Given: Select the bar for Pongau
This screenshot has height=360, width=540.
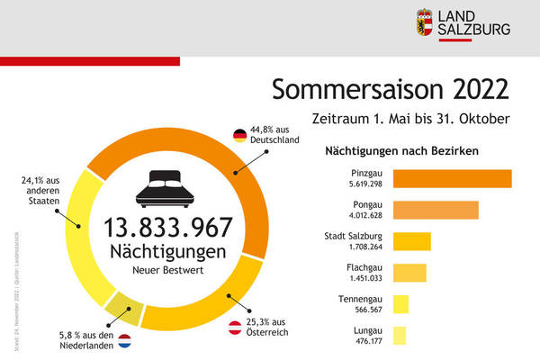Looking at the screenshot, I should coord(436,210).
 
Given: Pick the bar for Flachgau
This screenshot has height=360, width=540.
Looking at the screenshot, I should coord(409,273).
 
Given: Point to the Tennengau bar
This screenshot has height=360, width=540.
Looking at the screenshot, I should coord(400,304).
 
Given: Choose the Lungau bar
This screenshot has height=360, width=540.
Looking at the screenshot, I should coord(400,335).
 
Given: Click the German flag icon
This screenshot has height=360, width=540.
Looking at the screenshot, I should coord(240,136).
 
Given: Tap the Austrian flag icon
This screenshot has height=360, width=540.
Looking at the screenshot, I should coord(234,328).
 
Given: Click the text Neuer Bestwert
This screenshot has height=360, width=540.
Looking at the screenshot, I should coord(168,269).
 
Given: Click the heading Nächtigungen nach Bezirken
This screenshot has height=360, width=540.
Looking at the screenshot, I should coord(400,150).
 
